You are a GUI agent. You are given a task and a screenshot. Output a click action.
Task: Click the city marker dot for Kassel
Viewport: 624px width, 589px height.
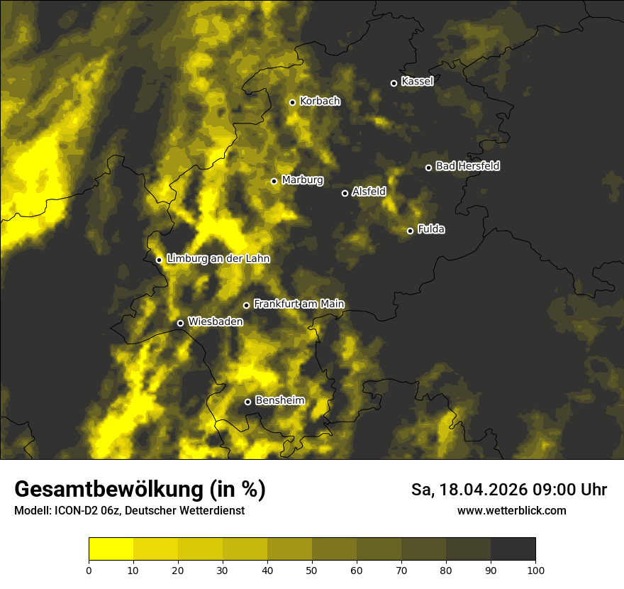[x=394, y=83]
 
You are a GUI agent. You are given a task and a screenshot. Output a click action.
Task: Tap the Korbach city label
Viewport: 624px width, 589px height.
[x=320, y=101]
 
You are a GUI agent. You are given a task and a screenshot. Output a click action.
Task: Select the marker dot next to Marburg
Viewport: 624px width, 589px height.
[x=274, y=181]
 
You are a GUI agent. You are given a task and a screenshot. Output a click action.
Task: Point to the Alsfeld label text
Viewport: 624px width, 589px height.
[x=369, y=192]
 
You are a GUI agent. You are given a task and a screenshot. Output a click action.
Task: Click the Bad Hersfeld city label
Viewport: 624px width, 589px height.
[x=467, y=166]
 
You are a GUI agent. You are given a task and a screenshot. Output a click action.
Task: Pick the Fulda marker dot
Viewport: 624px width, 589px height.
[x=410, y=231]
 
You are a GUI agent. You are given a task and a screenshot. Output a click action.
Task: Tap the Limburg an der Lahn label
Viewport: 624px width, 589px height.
[x=218, y=259]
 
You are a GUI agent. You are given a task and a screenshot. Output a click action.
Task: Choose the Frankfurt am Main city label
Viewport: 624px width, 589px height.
[x=299, y=304]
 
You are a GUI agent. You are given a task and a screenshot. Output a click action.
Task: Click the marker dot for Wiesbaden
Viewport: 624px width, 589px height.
[x=180, y=323]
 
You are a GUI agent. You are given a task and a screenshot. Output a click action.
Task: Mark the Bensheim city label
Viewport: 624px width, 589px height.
[x=279, y=400]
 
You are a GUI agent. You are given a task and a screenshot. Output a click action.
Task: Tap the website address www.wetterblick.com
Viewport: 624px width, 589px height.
[x=511, y=510]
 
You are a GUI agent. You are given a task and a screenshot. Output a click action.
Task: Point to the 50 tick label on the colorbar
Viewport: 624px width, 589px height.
[x=312, y=569]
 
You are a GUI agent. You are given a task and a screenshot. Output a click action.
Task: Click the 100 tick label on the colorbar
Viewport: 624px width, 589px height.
[x=535, y=569]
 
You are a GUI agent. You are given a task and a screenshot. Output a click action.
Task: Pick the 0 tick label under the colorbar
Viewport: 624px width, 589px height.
[x=89, y=569]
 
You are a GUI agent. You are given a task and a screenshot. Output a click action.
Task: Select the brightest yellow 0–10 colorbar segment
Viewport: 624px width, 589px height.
[x=111, y=549]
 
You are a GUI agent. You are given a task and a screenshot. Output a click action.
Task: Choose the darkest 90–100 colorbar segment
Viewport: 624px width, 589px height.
[x=513, y=549]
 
